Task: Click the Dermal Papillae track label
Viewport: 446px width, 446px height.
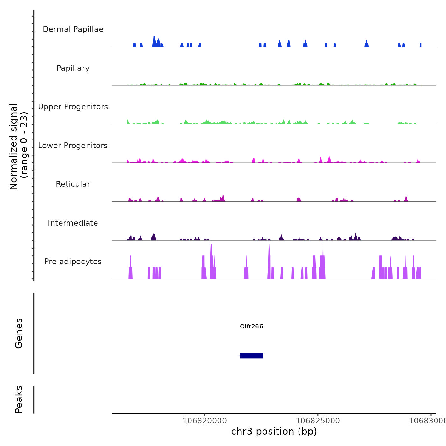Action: click(x=73, y=29)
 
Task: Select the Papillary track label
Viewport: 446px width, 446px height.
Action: click(x=73, y=68)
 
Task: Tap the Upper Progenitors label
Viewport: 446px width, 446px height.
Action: click(x=73, y=107)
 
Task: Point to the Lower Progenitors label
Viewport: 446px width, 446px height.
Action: click(x=73, y=146)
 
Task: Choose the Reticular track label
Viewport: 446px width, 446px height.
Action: click(x=73, y=184)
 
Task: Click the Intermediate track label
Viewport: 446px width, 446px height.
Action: click(x=73, y=223)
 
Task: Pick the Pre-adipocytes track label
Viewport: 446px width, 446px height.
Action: click(x=73, y=262)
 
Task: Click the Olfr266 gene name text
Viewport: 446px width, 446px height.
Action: click(x=251, y=326)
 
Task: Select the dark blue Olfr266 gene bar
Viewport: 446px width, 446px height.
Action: click(x=251, y=356)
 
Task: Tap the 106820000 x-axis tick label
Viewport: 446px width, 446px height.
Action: click(x=205, y=421)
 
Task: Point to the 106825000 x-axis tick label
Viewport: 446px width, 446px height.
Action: click(x=318, y=421)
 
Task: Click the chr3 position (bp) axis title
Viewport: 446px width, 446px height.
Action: click(x=274, y=431)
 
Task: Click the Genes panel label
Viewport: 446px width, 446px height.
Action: click(x=19, y=333)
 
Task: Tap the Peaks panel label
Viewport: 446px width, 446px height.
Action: click(x=19, y=399)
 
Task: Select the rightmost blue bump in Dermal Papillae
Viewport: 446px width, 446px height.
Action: click(x=421, y=45)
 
